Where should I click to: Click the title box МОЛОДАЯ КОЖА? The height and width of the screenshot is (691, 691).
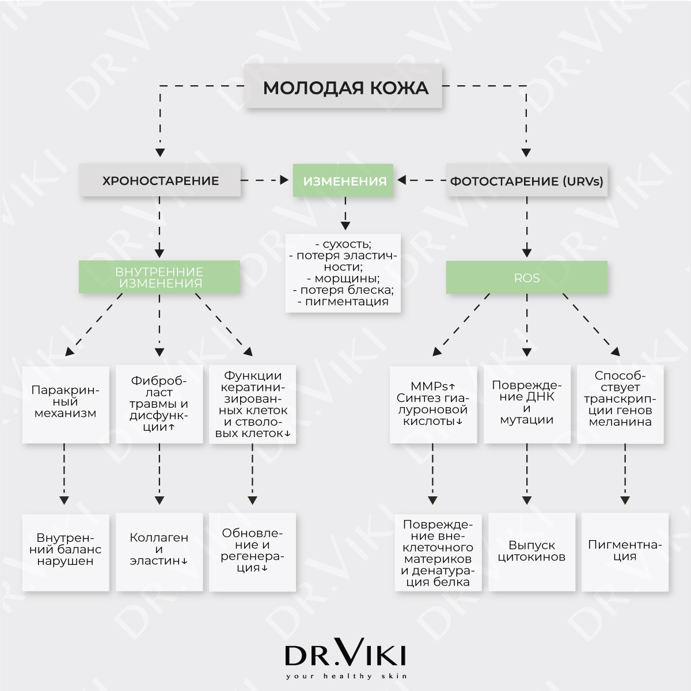click(343, 86)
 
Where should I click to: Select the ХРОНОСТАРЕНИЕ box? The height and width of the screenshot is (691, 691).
click(160, 180)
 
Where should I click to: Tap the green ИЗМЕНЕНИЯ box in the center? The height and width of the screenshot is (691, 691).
click(343, 180)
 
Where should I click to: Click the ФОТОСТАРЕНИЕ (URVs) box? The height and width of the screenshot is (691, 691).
click(527, 180)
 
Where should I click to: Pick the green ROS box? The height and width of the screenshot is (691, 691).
click(527, 277)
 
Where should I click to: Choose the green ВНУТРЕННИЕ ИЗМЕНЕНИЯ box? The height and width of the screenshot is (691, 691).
click(160, 277)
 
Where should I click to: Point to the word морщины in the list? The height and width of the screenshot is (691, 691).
click(347, 278)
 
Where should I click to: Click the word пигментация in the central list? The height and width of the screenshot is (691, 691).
click(347, 301)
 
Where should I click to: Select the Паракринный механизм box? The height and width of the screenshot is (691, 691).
click(66, 404)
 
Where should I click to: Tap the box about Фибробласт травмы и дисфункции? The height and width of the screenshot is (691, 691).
click(159, 404)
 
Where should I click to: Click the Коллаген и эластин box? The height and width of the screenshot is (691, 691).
click(159, 552)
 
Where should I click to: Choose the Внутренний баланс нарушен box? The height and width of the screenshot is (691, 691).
click(66, 552)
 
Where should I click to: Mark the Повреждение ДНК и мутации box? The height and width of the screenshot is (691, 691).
click(527, 404)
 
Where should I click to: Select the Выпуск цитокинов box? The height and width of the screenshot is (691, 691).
click(532, 552)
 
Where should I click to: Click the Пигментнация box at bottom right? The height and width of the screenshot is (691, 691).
click(625, 552)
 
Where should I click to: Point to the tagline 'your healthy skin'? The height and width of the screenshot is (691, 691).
click(347, 676)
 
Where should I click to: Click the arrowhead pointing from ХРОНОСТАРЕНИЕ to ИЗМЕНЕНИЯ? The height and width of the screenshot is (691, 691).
click(284, 180)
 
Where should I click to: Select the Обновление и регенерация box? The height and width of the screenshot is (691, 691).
click(252, 552)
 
